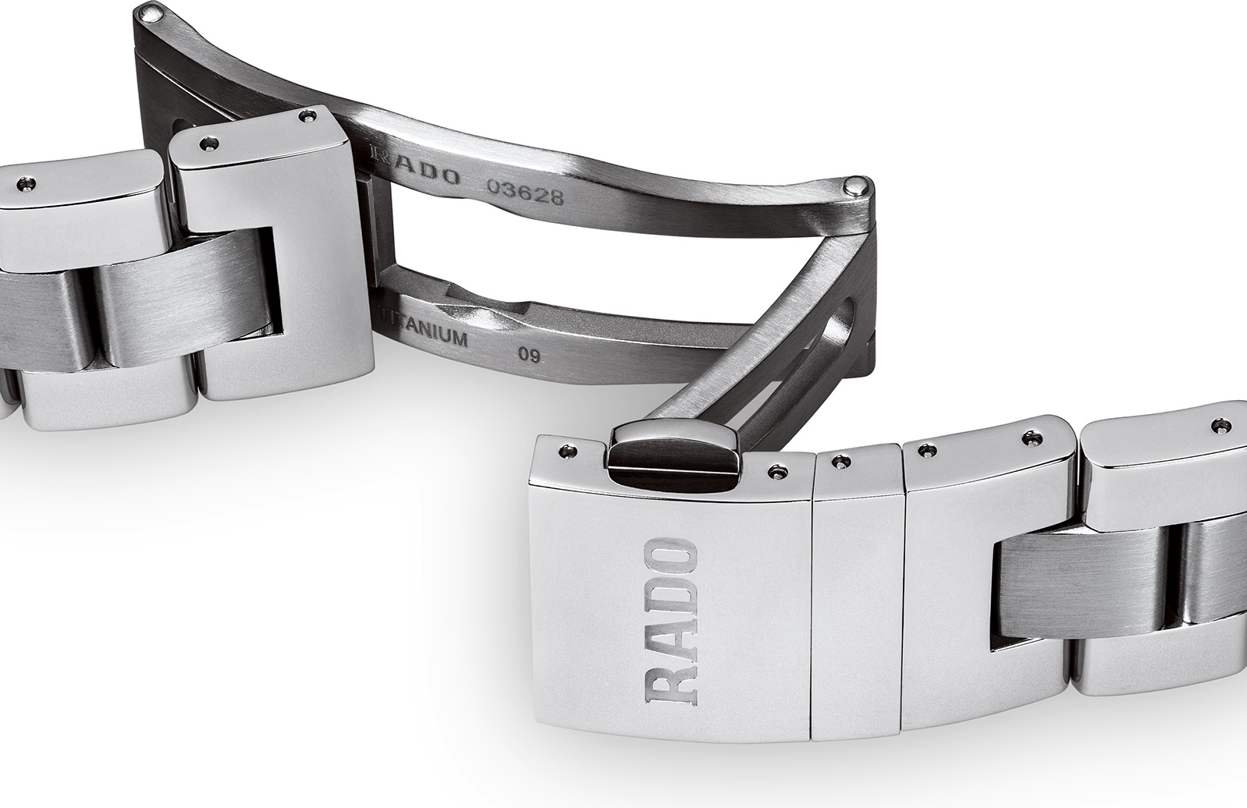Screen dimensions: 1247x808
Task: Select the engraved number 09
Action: (x=529, y=354)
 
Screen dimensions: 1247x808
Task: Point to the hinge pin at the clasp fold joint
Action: (x=858, y=186)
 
